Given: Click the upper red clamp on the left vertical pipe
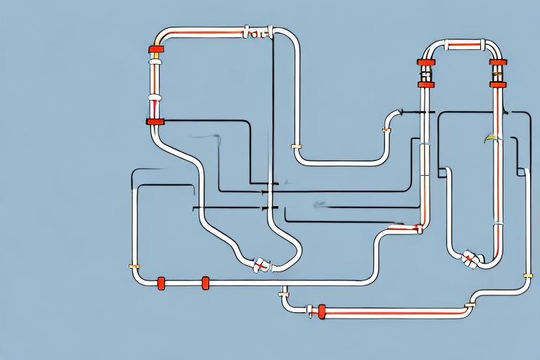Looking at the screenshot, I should [155, 49].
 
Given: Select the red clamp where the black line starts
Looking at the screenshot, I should [155, 122].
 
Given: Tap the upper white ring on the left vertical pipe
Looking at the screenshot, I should [155, 63].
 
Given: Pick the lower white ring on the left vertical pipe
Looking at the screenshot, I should [155, 97].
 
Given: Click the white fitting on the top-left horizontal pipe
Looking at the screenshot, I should [257, 32].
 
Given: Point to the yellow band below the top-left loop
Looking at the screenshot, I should [296, 147].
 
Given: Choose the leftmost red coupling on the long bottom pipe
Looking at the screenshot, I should [161, 283].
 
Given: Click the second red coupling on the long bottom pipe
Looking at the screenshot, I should [205, 283].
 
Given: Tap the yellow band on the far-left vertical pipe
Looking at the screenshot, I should [134, 266].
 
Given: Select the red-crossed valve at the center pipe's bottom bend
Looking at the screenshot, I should [261, 264].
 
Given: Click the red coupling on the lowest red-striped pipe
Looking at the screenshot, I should [322, 310].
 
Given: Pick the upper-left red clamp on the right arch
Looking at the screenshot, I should [425, 63].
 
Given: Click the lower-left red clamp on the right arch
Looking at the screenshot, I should [425, 84].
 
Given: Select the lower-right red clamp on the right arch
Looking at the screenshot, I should [498, 84].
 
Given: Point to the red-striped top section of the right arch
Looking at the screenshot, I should [461, 46].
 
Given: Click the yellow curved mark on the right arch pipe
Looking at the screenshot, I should [491, 139].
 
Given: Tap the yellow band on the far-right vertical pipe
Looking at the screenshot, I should [527, 275].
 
